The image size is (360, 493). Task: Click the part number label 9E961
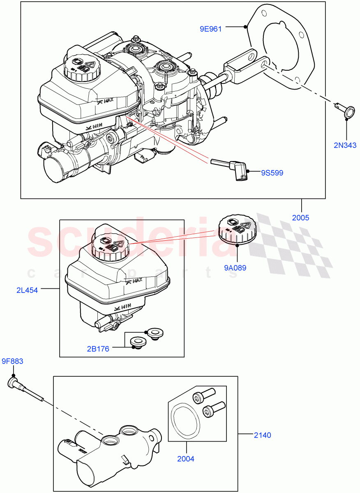click(x=211, y=29)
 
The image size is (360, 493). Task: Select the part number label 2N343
click(x=344, y=145)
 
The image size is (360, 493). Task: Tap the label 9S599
click(x=272, y=173)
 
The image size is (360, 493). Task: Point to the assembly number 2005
click(x=300, y=218)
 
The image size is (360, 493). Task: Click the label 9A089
click(x=235, y=268)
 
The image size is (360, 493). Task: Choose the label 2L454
click(x=27, y=290)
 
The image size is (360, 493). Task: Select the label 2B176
click(x=98, y=349)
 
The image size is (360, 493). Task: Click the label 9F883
click(x=12, y=362)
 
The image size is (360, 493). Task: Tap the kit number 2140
click(x=262, y=435)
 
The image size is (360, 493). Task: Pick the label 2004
click(x=186, y=459)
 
